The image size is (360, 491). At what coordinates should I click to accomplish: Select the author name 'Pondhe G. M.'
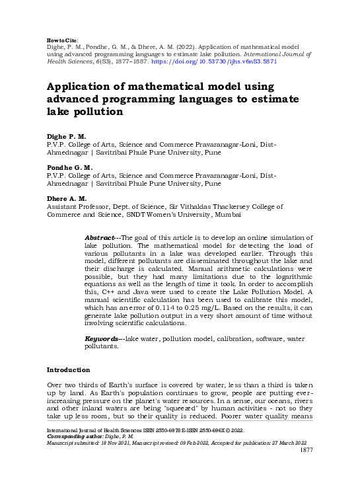coord(69,168)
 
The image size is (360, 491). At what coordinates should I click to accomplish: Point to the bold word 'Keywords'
coord(103,338)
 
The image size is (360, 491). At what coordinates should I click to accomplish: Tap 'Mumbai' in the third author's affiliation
coord(227,215)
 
